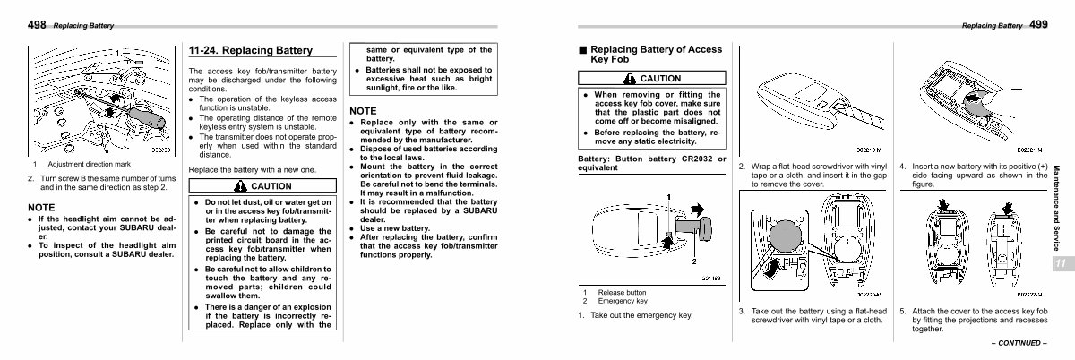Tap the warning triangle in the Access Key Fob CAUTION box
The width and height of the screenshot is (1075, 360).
pos(631,79)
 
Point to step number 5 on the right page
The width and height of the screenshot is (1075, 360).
pos(903,312)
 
